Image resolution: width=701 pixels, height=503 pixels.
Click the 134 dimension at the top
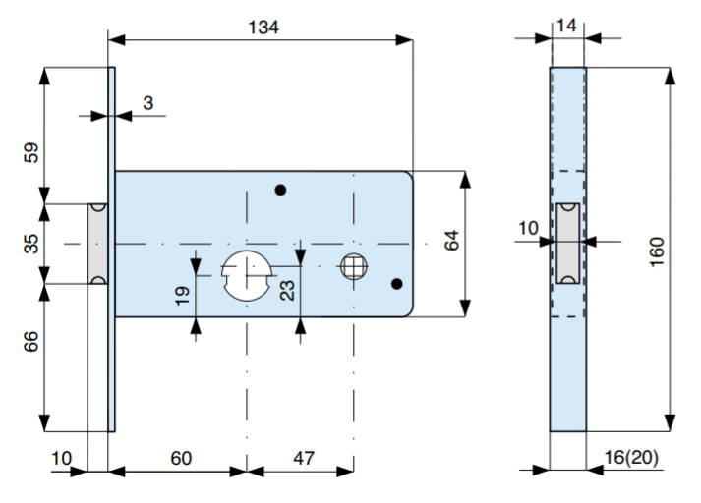click(262, 28)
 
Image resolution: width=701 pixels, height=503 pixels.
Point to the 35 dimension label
click(31, 243)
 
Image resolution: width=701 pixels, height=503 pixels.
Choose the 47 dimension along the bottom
click(303, 459)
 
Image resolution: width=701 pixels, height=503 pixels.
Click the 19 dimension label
click(183, 296)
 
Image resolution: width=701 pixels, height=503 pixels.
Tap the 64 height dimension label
click(451, 241)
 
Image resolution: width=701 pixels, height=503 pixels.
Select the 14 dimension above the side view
click(567, 26)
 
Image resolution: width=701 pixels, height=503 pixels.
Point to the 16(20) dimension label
click(631, 458)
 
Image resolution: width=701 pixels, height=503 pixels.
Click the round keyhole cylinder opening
click(247, 272)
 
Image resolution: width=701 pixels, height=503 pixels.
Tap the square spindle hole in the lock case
click(353, 265)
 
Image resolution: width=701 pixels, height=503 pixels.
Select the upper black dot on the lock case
click(280, 189)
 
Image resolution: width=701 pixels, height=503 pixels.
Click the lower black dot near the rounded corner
click(396, 284)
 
